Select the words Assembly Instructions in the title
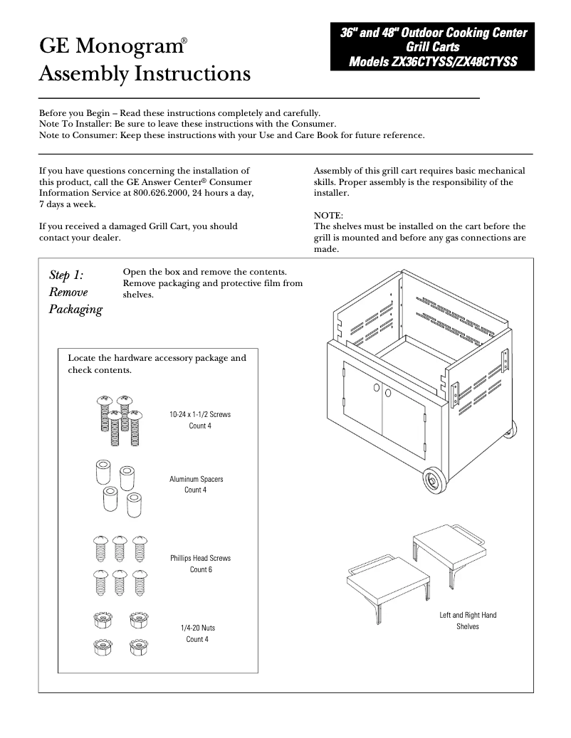(144, 73)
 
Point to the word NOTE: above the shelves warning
(328, 215)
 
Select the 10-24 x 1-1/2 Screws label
(200, 414)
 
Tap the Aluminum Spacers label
(196, 479)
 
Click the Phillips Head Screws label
(200, 558)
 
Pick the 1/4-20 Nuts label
(198, 628)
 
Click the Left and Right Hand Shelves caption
(468, 621)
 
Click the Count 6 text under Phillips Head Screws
(200, 570)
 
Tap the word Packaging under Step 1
(75, 310)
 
